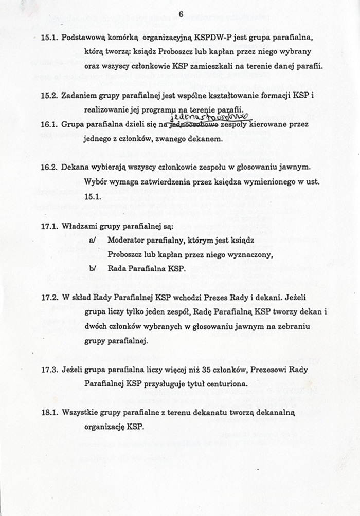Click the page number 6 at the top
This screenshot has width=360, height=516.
(x=181, y=14)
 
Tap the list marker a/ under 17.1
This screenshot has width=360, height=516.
(x=92, y=240)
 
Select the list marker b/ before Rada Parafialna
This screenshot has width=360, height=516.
(x=92, y=269)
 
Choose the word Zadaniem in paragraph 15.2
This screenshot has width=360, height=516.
(x=79, y=96)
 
